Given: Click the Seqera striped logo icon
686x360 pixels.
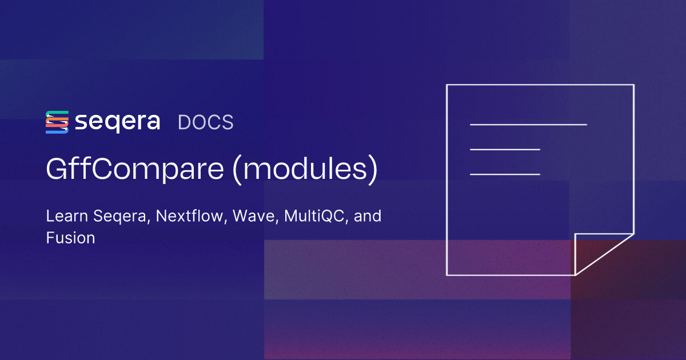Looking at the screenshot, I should (x=57, y=122).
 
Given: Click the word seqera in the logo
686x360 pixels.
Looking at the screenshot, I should (x=117, y=122).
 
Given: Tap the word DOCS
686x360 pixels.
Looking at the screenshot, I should (x=206, y=122).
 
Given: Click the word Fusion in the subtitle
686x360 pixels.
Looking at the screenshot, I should (x=70, y=238).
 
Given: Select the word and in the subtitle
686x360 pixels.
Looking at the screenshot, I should (x=368, y=217).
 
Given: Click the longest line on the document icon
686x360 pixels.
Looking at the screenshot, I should (x=528, y=124).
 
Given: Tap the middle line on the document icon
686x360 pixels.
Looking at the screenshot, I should (x=505, y=149).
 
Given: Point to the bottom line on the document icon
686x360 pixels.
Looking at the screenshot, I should (x=505, y=174).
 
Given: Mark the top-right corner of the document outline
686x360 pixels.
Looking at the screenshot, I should (x=633, y=85).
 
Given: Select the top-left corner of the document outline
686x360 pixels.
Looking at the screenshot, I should (x=447, y=85).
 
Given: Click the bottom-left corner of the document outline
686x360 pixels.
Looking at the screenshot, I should (x=447, y=275).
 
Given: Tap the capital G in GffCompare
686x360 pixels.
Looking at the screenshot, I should (x=56, y=170).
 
